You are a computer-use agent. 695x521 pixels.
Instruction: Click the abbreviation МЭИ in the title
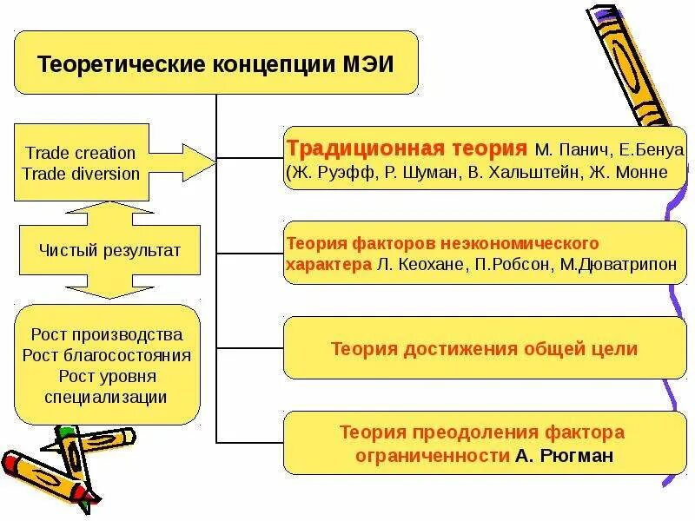[x=371, y=64]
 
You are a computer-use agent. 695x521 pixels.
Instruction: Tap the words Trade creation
[x=81, y=153]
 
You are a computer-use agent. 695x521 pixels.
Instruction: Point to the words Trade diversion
[x=81, y=173]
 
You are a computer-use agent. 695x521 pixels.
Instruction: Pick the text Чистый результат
[x=109, y=251]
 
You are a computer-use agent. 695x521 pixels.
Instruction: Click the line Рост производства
[x=107, y=334]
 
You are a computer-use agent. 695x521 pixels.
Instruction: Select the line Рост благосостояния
[x=107, y=355]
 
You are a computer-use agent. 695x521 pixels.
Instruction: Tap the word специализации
[x=107, y=397]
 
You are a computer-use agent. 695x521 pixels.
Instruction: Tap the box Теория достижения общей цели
[x=484, y=349]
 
